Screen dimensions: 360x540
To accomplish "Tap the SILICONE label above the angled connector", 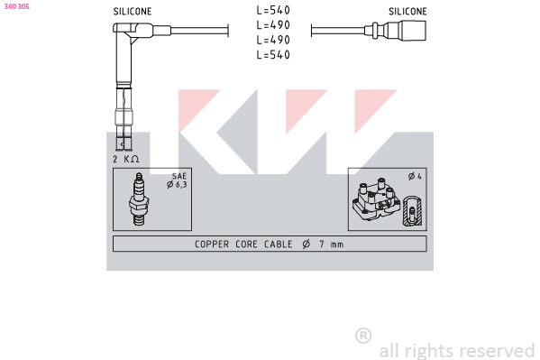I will click(133, 12).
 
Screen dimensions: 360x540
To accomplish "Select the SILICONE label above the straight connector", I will click(407, 12).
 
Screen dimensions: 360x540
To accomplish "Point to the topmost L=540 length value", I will click(272, 10).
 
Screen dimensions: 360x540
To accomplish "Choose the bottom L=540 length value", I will click(272, 56).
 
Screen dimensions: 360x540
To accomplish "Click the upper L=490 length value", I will click(272, 25).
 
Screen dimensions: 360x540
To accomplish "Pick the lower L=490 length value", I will click(272, 41).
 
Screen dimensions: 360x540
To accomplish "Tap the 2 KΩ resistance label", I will click(126, 159).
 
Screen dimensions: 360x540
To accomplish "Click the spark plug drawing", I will click(138, 199).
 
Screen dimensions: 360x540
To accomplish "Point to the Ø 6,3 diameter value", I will click(176, 185).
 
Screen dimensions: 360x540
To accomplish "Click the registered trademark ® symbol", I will click(363, 336).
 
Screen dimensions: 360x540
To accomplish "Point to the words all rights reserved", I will click(457, 350).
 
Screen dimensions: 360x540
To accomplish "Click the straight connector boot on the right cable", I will click(411, 31).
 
